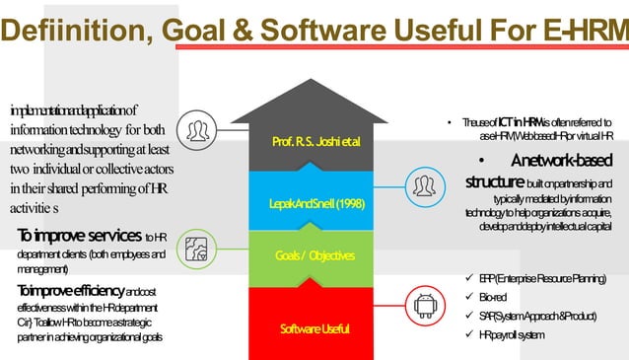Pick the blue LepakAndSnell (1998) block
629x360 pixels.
point(316,203)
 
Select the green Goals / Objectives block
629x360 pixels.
point(316,255)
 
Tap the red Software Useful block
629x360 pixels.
point(316,326)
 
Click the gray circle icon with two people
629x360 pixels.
point(199,129)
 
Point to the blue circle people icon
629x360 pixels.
point(426,184)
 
